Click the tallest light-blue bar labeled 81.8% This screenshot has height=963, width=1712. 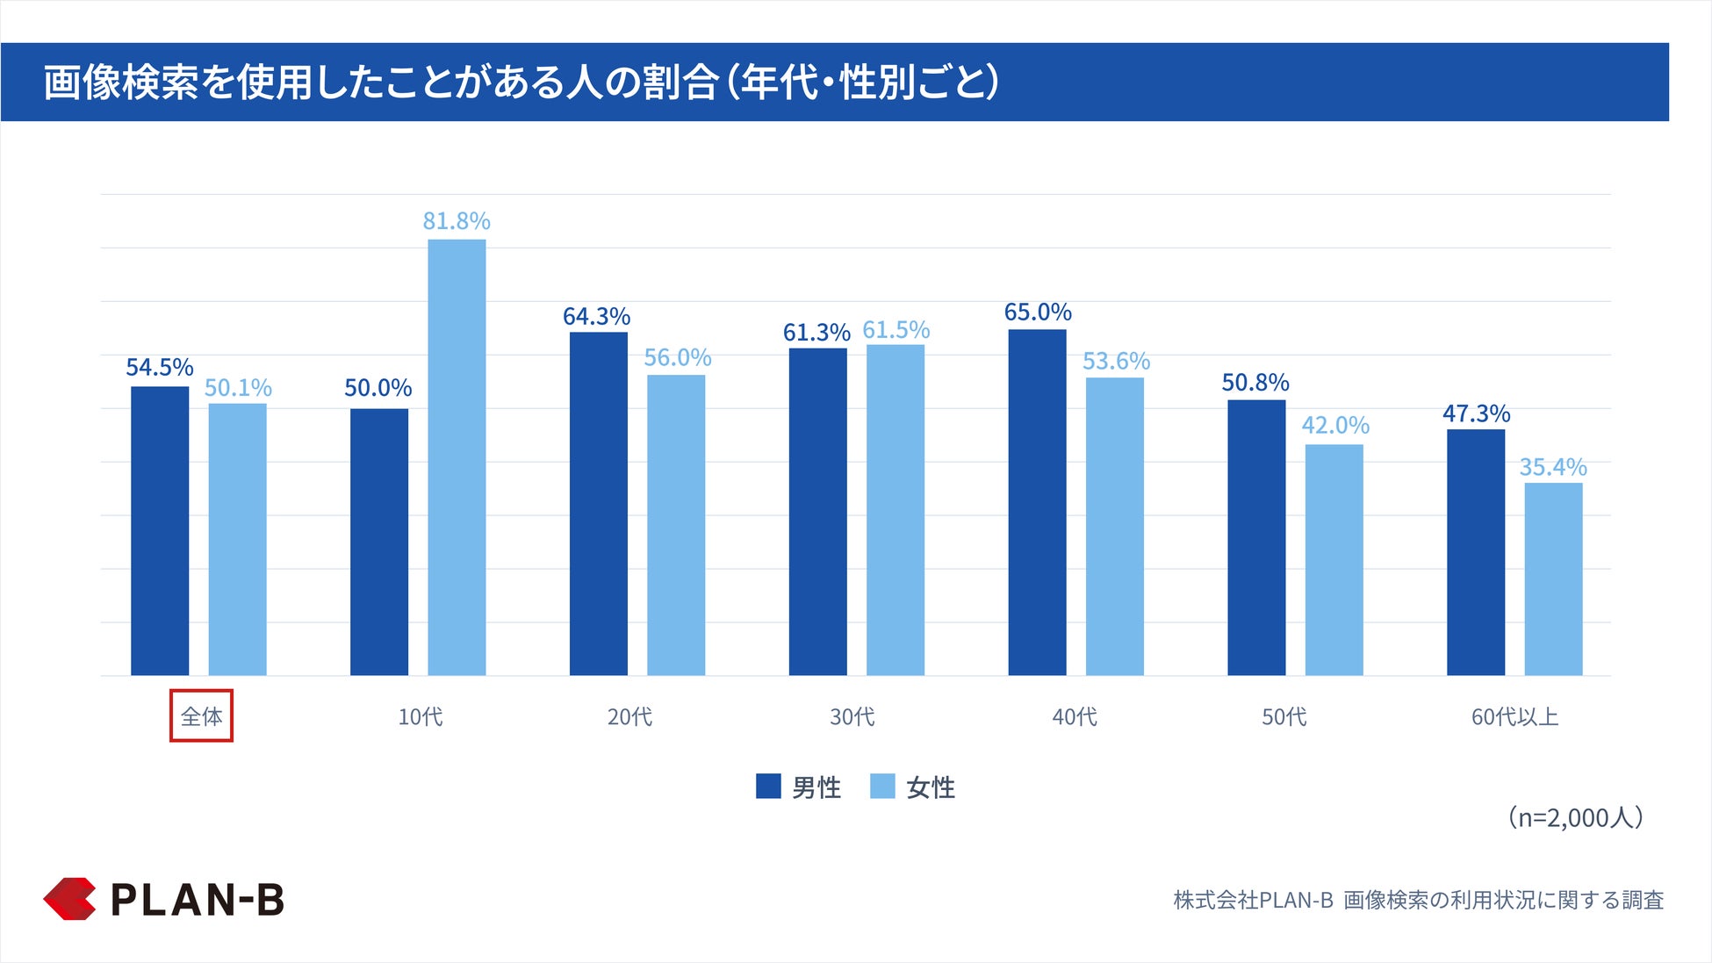457,456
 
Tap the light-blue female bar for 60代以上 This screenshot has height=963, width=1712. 1553,579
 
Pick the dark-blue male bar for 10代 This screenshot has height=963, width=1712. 379,542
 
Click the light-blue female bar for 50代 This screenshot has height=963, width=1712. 1334,559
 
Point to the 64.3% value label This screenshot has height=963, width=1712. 596,316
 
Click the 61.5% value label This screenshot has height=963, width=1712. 896,330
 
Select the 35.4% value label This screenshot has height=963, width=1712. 1553,467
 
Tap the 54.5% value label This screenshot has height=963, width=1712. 159,367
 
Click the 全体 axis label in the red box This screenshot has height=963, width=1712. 201,716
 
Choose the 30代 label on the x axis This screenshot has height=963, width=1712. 852,717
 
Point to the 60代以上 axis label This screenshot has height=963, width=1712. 1514,717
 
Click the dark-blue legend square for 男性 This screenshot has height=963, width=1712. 768,787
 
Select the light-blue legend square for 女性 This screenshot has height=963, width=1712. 882,787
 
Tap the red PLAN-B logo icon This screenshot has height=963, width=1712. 69,899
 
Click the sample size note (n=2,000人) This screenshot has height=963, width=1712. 1575,817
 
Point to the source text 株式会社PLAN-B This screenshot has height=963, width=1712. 1253,900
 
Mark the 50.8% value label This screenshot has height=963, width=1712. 1255,383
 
